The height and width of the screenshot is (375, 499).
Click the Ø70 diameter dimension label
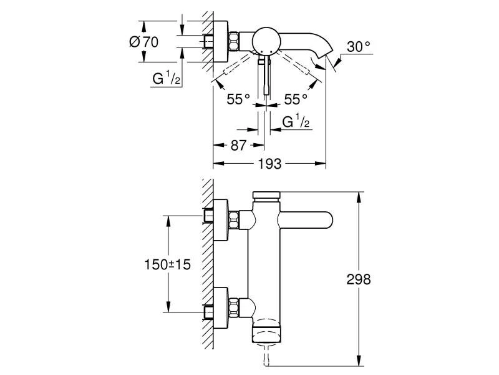143,42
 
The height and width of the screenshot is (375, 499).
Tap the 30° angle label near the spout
359,46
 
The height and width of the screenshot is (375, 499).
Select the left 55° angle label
238,99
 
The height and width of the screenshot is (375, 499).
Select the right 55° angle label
296,99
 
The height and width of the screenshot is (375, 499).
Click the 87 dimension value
238,145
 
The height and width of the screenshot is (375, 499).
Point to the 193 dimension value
270,164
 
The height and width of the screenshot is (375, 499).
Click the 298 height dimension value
358,280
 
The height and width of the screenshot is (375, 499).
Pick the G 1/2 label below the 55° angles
296,122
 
